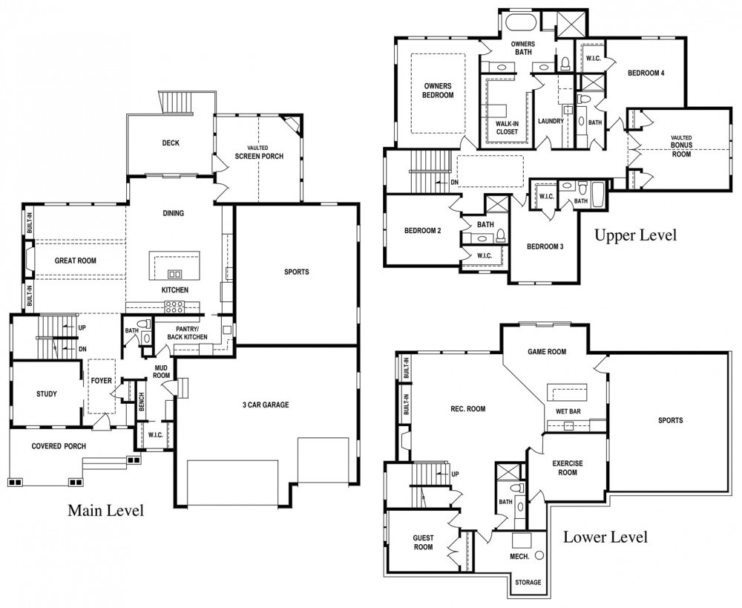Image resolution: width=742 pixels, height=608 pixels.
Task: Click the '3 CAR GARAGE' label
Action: coord(266,405)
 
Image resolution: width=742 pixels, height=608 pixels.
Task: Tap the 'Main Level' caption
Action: coord(105,511)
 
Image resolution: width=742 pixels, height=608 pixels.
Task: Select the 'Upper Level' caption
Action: coord(636,235)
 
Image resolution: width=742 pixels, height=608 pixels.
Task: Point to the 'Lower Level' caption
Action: coord(605,537)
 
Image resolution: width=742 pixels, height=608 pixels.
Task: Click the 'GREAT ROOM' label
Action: coord(75,261)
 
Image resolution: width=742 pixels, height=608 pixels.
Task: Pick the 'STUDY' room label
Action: coord(46,394)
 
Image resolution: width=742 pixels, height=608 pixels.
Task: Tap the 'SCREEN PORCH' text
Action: coord(259,156)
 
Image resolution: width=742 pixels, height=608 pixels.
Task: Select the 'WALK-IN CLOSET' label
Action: coord(507,128)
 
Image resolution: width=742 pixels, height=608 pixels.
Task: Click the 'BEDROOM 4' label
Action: coord(646,73)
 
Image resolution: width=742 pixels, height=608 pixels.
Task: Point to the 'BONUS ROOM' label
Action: coord(681,150)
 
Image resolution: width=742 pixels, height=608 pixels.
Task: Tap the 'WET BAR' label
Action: coord(568,411)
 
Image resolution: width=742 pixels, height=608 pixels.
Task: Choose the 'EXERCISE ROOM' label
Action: coord(568,468)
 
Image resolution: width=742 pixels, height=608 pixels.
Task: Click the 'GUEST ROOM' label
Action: coord(423,543)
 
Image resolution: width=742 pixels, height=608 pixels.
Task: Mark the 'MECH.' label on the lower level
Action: coord(519,557)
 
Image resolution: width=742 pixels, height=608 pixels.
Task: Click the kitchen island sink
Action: coord(174,274)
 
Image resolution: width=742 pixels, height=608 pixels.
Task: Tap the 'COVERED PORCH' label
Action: coord(59,446)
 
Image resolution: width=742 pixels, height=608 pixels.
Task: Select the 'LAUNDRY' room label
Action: coord(551,121)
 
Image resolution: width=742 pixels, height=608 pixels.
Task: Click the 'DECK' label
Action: coord(171,143)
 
